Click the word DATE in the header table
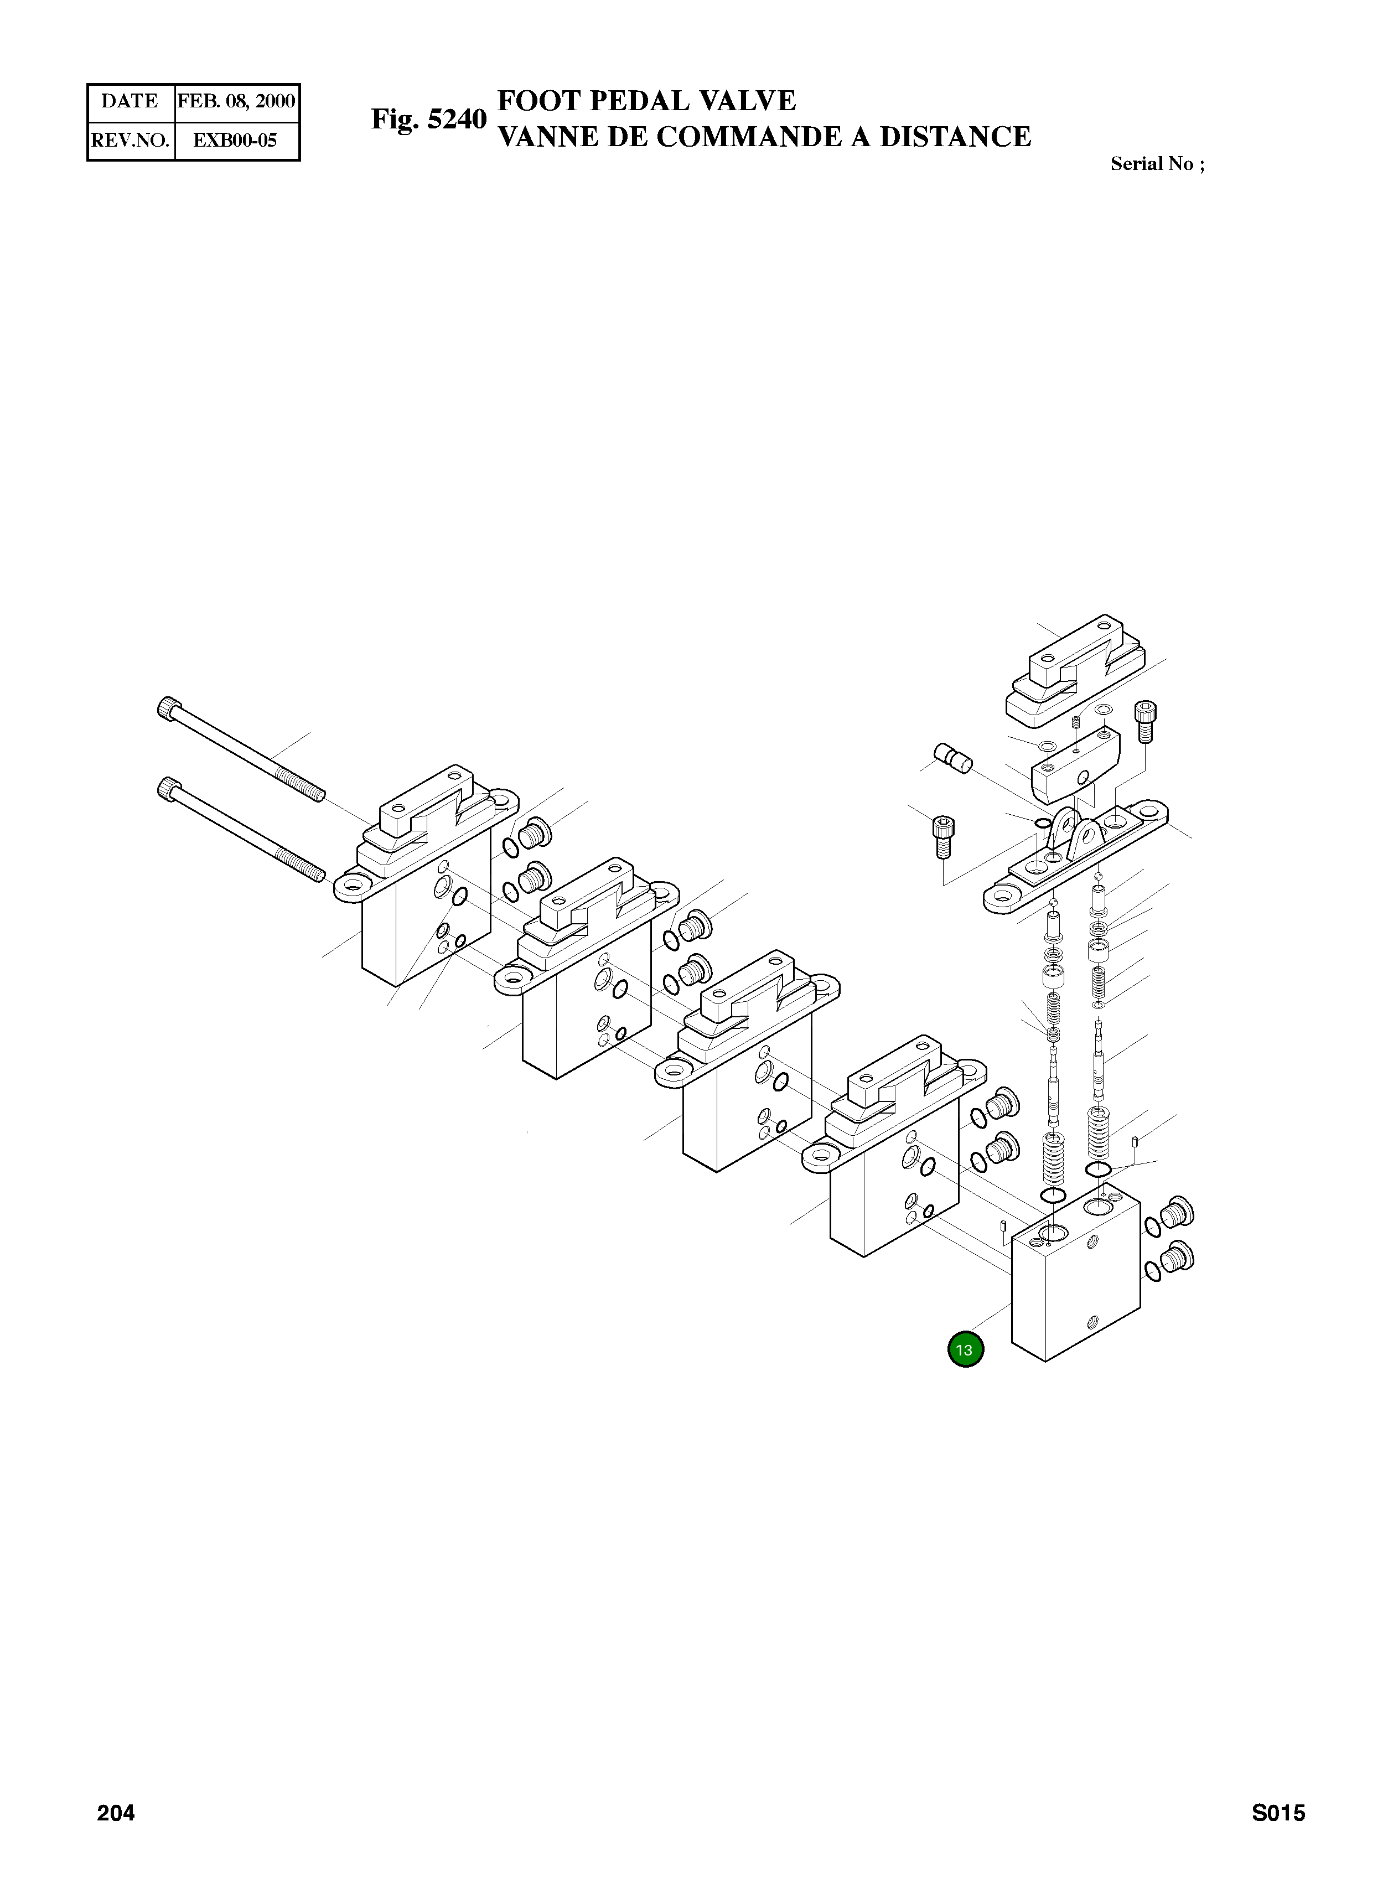[x=130, y=102]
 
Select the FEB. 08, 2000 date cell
[x=236, y=102]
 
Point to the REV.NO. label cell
[x=130, y=141]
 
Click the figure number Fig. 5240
[x=428, y=120]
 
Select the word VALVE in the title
[x=748, y=101]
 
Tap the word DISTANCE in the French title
[x=955, y=137]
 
